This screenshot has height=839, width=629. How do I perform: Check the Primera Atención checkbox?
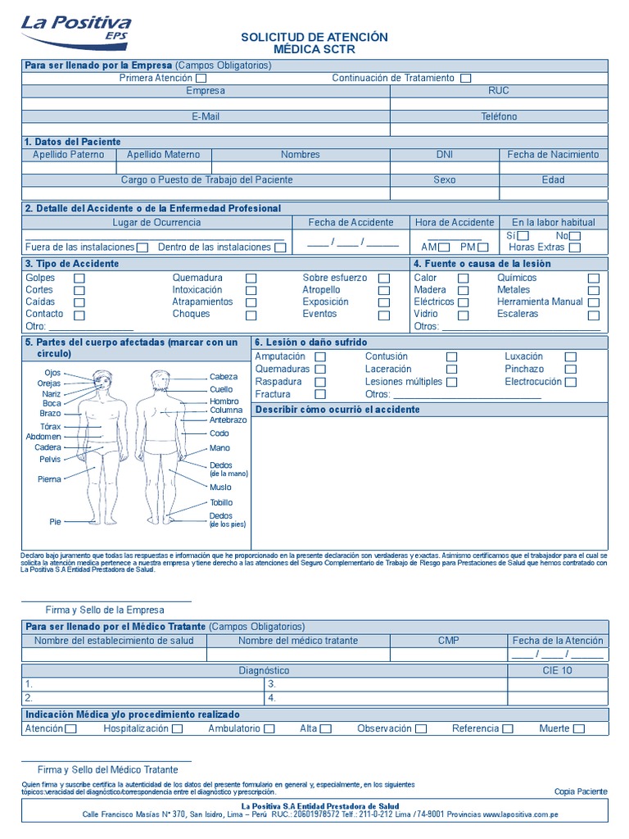[x=201, y=79]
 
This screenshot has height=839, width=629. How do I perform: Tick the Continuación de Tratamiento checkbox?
[x=465, y=79]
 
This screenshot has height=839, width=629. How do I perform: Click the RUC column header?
[x=499, y=91]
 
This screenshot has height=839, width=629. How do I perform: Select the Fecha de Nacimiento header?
[x=553, y=154]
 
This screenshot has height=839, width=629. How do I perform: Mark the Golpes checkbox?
[x=79, y=279]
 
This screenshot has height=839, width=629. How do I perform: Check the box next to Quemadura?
[x=251, y=279]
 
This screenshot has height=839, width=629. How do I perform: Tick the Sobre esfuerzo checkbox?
[x=383, y=279]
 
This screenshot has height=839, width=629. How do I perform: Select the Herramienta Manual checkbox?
[x=594, y=302]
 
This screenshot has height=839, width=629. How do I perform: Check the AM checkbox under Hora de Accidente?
[x=444, y=247]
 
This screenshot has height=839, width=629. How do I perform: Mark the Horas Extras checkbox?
[x=575, y=247]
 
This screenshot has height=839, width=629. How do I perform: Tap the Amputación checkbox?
[x=320, y=357]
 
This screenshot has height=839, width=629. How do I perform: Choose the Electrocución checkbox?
[x=570, y=382]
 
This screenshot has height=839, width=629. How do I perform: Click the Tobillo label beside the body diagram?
[x=221, y=502]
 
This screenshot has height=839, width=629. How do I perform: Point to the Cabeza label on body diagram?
[x=224, y=377]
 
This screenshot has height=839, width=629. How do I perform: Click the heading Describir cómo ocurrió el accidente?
[x=338, y=409]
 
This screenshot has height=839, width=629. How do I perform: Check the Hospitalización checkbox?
[x=178, y=729]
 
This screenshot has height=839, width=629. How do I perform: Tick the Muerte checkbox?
[x=579, y=729]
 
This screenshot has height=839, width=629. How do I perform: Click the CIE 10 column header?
[x=557, y=670]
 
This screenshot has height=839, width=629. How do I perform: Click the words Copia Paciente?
[x=581, y=791]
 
